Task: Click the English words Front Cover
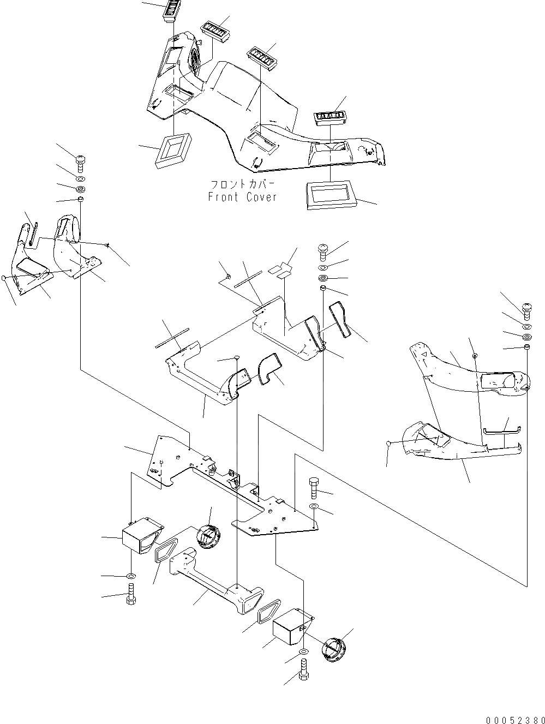[242, 198]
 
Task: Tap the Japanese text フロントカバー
[243, 184]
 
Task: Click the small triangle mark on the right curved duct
[423, 354]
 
